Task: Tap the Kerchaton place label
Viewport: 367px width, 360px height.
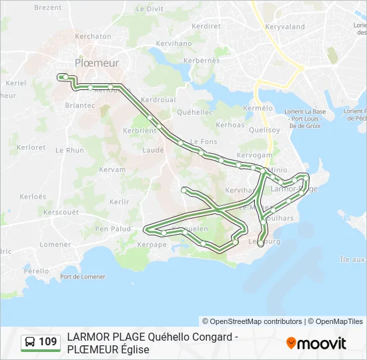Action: coord(93,36)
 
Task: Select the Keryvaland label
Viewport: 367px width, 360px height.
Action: coord(284,27)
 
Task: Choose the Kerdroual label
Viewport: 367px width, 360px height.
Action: coord(158,99)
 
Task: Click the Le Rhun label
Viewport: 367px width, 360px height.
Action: coord(70,151)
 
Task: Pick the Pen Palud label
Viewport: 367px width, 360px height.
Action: coord(113,229)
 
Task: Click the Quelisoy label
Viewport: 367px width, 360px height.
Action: coord(264,130)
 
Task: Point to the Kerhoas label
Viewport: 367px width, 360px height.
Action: coord(230,125)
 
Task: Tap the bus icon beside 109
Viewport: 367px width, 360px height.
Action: coord(30,342)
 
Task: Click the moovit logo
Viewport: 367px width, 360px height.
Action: coord(316,343)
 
